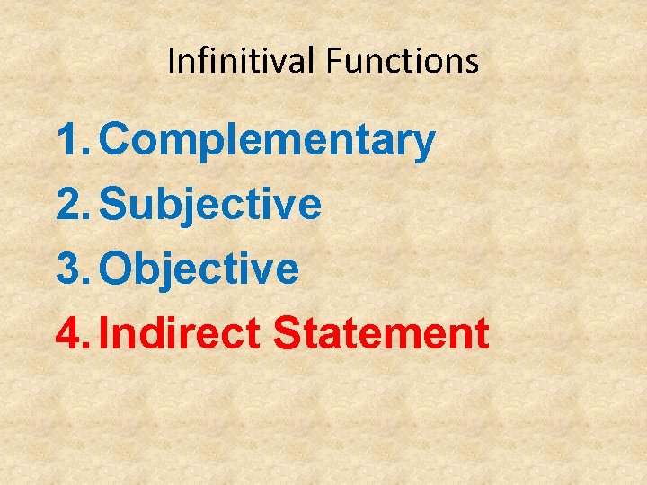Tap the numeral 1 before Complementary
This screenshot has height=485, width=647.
coord(70,141)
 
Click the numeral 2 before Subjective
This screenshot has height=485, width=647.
coord(70,206)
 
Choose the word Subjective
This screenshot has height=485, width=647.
coord(209,206)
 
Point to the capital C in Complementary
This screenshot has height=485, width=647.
coord(118,141)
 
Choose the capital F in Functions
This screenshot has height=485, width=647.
coord(332,61)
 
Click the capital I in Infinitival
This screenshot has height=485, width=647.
coord(172,61)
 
